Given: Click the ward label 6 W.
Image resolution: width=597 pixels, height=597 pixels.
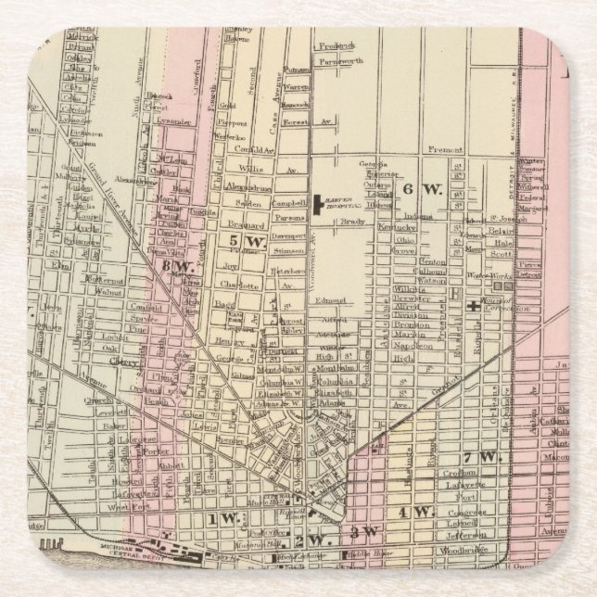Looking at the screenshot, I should click(x=420, y=189).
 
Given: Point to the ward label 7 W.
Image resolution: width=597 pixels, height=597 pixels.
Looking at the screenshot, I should click(x=481, y=458).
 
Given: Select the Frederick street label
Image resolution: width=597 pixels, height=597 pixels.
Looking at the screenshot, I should click(x=337, y=45).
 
